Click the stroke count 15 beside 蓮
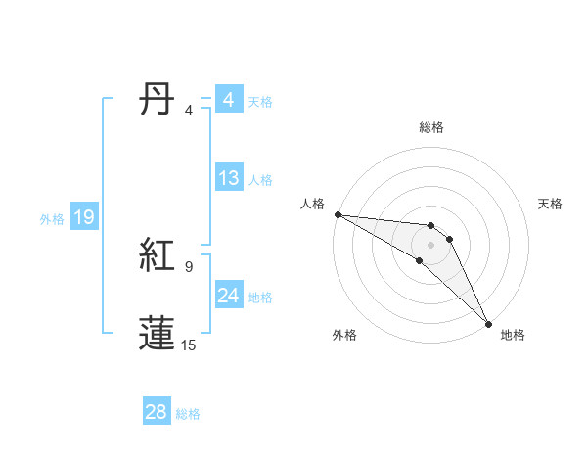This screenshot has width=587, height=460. coord(189,345)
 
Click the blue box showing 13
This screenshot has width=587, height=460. coord(229,179)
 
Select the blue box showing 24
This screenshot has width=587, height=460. coord(229,296)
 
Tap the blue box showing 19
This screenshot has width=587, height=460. coord(84,218)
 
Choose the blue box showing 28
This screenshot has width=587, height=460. coord(156,412)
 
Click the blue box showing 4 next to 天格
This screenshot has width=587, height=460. coord(229,100)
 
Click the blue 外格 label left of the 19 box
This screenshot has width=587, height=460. coord(52,219)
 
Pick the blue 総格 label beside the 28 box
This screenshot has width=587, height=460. coord(188,414)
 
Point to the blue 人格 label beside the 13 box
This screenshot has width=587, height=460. coord(260,180)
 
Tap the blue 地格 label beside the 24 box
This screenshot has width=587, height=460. coord(260,298)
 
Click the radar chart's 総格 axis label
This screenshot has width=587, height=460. coord(431,127)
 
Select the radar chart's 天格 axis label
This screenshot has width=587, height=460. coord(551,204)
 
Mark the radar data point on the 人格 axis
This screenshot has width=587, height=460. coord(338,213)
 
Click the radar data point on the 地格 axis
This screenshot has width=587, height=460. coord(489,323)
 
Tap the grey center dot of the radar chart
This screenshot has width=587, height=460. coord(431,244)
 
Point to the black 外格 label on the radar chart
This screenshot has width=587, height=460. coord(344,335)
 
